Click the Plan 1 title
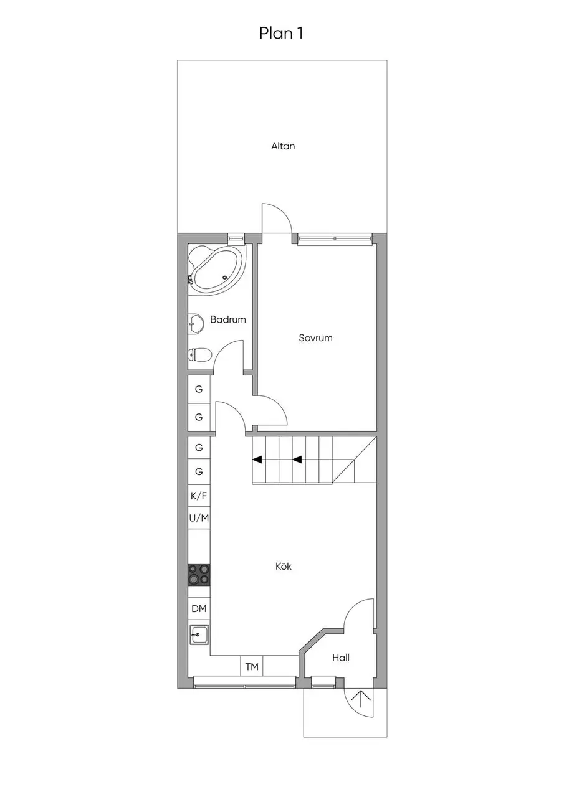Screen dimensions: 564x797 [281, 33]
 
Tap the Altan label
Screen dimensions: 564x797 [283, 146]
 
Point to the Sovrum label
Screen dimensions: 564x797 [315, 337]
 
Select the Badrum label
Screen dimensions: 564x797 [228, 319]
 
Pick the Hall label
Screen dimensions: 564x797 [341, 658]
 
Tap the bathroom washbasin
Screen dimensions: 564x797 [195, 324]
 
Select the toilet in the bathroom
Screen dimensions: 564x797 [199, 354]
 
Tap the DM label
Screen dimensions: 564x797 [199, 609]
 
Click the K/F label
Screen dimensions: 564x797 [199, 496]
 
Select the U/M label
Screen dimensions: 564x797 [199, 518]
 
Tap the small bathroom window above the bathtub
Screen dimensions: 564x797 [236, 238]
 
